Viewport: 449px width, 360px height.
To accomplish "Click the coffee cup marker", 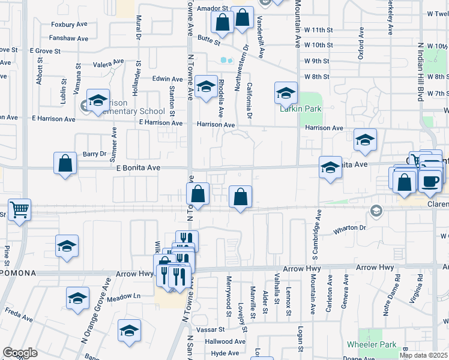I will tap(430, 181).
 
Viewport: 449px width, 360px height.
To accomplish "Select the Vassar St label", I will tap(212, 329).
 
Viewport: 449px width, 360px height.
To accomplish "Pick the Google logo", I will tap(20, 353).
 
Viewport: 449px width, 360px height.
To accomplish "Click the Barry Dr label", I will tap(94, 154).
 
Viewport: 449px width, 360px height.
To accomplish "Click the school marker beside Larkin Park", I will tap(286, 92).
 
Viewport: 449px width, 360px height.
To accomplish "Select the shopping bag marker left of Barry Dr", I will tap(65, 163).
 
